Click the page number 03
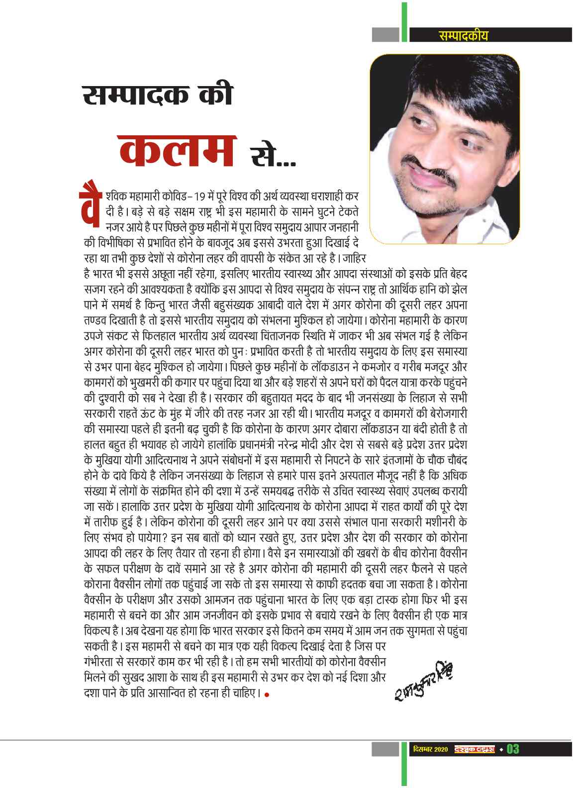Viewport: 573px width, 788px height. click(512, 749)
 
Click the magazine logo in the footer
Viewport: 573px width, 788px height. click(474, 749)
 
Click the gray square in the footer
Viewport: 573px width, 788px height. click(386, 749)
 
